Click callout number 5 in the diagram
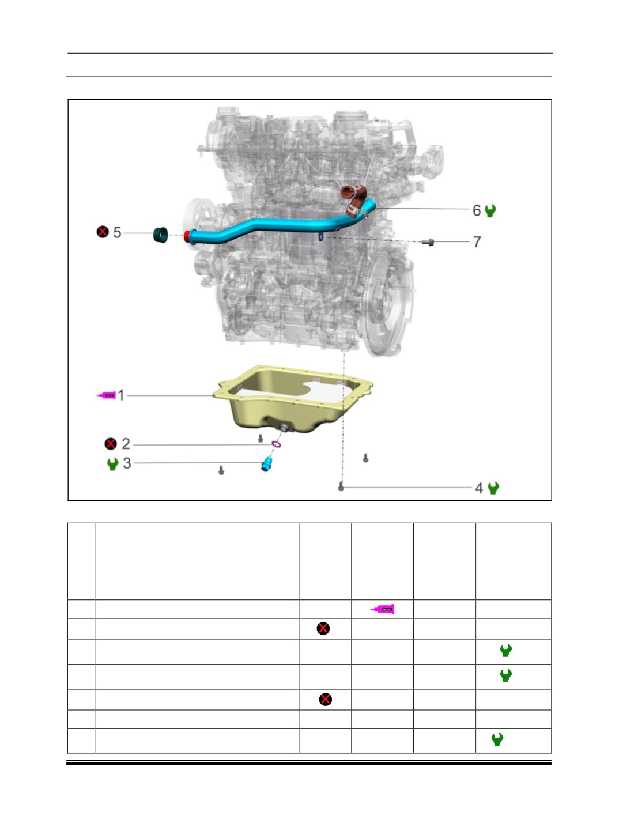tap(117, 232)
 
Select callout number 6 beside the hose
tap(477, 210)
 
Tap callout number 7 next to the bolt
tap(477, 242)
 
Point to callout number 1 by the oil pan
tap(120, 395)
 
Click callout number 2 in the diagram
tap(126, 444)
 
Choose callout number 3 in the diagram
tap(127, 463)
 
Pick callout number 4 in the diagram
tap(479, 488)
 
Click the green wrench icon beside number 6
tap(490, 210)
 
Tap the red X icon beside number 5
tap(103, 232)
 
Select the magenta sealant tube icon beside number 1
tap(107, 395)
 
